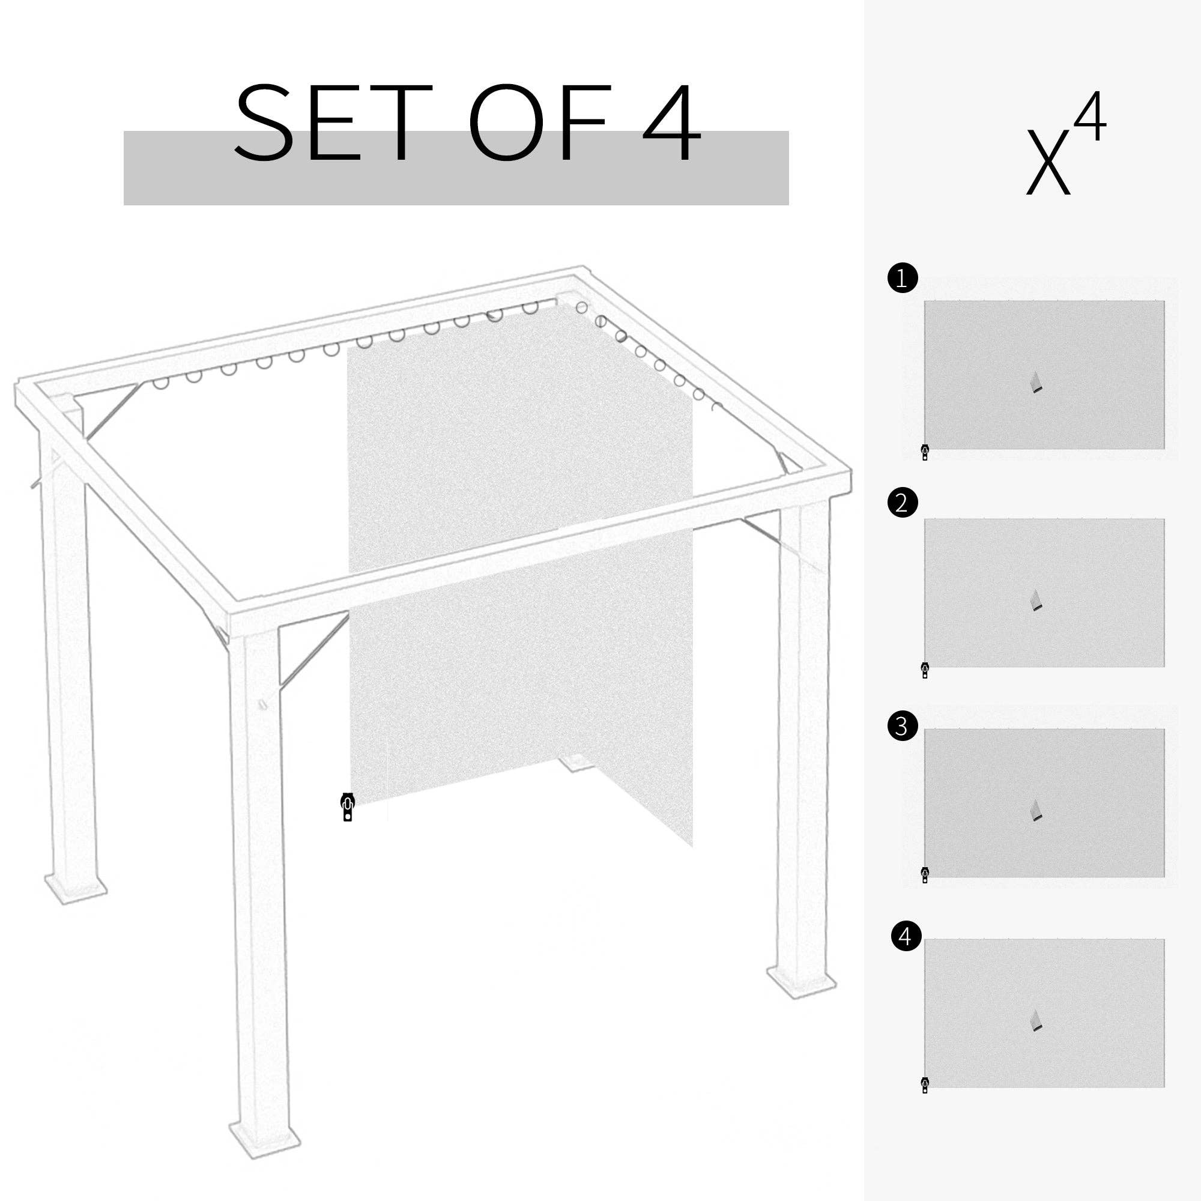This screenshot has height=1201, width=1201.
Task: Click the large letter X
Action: [x=1048, y=162]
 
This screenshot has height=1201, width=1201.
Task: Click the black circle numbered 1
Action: [x=903, y=278]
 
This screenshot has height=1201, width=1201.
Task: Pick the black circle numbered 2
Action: [x=903, y=502]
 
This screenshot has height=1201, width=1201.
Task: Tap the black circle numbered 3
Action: [x=903, y=725]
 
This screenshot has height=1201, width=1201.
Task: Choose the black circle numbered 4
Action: [x=906, y=954]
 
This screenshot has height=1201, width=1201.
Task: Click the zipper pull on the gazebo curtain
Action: [x=348, y=807]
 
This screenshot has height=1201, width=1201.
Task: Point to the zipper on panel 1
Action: [x=925, y=452]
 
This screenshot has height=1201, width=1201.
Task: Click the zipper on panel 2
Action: [x=925, y=670]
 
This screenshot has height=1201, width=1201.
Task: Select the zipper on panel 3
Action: [x=925, y=875]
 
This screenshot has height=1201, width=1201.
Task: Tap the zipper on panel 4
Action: [x=925, y=1085]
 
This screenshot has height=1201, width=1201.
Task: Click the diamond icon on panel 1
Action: [x=1036, y=383]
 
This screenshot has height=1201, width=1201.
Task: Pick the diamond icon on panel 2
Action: [x=1036, y=600]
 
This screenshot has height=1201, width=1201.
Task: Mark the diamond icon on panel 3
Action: [x=1036, y=811]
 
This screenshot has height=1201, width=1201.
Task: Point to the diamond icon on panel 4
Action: [x=1036, y=1021]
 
